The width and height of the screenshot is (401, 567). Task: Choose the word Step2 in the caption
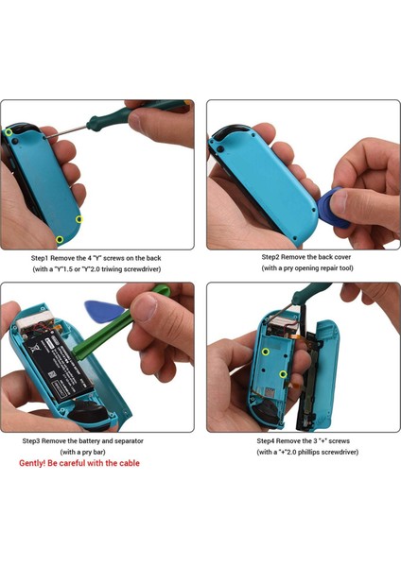pyautogui.click(x=271, y=257)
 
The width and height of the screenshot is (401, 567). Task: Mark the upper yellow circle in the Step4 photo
pyautogui.click(x=266, y=352)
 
